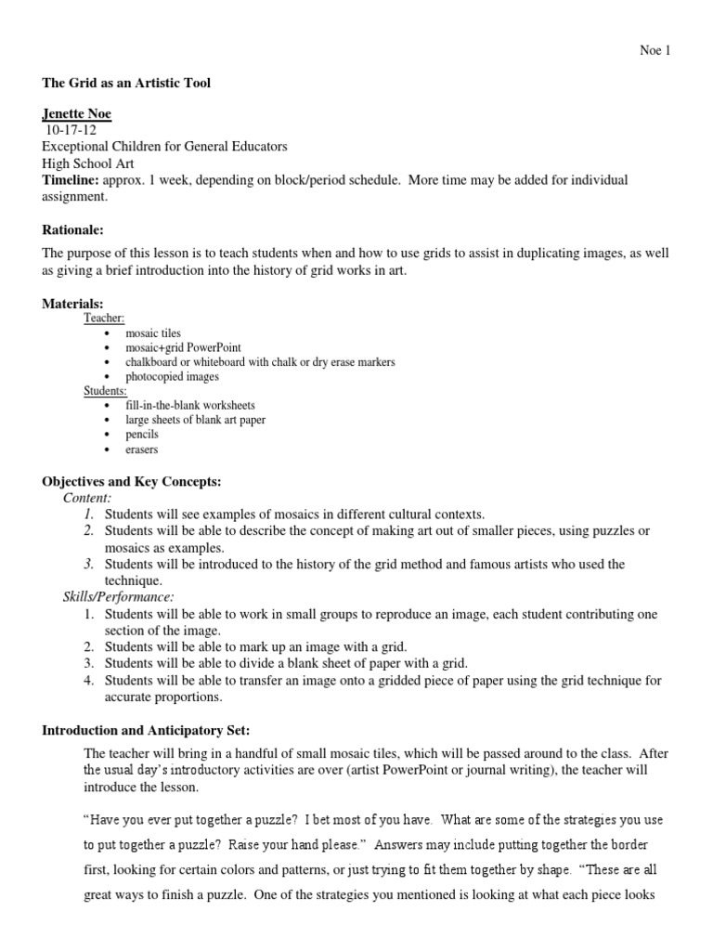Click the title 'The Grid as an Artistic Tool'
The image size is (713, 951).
point(126,83)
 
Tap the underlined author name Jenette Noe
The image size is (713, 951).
point(77,114)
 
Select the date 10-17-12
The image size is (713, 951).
point(71,130)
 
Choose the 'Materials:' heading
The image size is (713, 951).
point(72,304)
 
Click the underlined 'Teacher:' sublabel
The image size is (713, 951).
point(104,318)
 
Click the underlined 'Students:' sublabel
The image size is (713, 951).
point(106,391)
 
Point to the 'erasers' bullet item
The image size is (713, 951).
point(142,449)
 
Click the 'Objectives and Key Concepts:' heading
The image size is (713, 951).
point(132,481)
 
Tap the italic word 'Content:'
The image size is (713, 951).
point(87,498)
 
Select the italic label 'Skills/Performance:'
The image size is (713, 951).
point(118,596)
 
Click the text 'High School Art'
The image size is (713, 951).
point(88,163)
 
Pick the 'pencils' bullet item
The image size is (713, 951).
point(142,435)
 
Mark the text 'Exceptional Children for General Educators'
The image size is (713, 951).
point(165,147)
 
